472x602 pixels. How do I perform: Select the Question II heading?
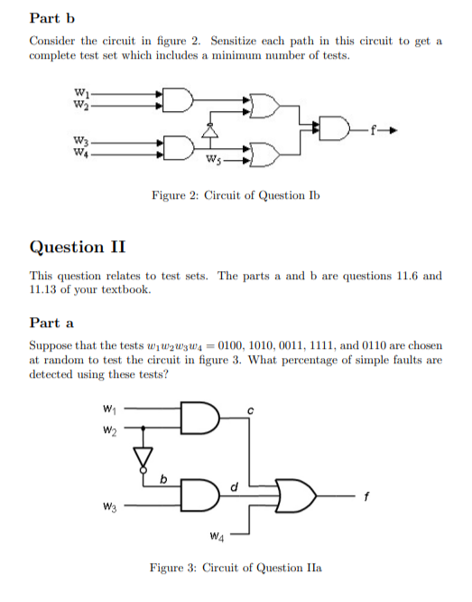pyautogui.click(x=78, y=247)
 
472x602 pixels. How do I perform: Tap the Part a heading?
pyautogui.click(x=51, y=323)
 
